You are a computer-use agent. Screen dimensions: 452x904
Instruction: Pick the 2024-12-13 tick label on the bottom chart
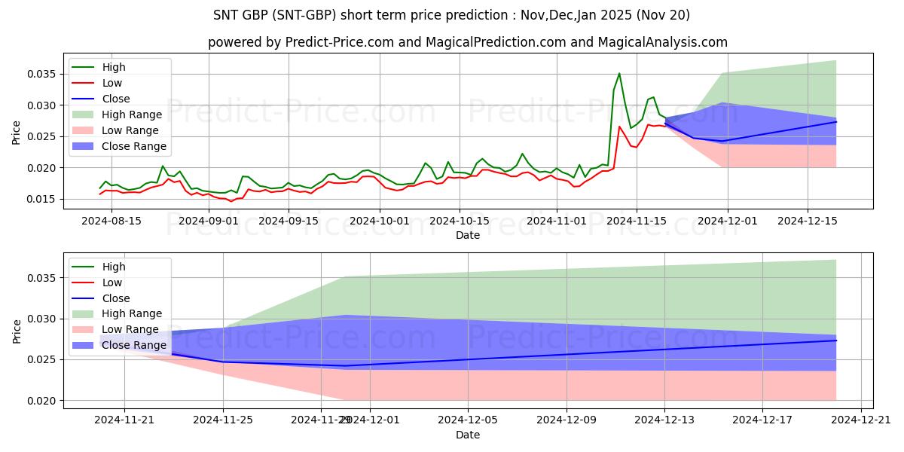[x=664, y=420]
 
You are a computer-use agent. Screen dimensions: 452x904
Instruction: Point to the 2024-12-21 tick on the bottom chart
[x=861, y=420]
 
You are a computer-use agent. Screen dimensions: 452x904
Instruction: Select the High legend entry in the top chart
[x=114, y=67]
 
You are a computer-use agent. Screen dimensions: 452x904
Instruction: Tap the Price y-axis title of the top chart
[x=17, y=133]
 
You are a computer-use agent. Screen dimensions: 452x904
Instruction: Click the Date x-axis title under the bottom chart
[x=468, y=435]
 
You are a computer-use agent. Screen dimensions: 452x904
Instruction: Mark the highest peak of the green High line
[x=619, y=73]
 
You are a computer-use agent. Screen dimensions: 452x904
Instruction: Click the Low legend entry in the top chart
[x=112, y=83]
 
